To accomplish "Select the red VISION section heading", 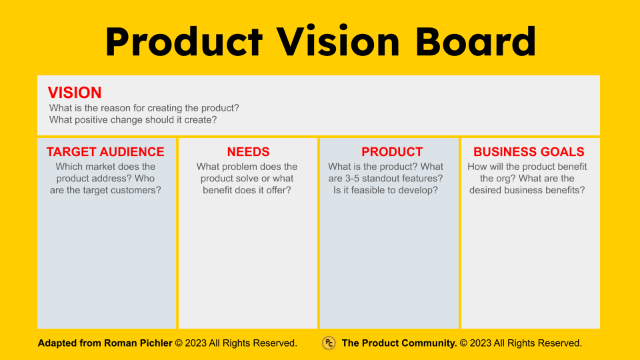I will pos(75,93).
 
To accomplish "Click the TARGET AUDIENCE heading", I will pos(105,152).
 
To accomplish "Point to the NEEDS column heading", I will pos(248,152).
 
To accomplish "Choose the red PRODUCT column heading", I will pos(392,152).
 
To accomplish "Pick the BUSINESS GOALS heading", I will pos(529,152).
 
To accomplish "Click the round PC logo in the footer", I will pos(329,343).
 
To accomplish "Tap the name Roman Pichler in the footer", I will pos(138,343).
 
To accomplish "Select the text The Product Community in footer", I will pos(399,343).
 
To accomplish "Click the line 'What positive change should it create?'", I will pos(133,120).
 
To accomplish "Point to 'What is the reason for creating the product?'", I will pos(144,108).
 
